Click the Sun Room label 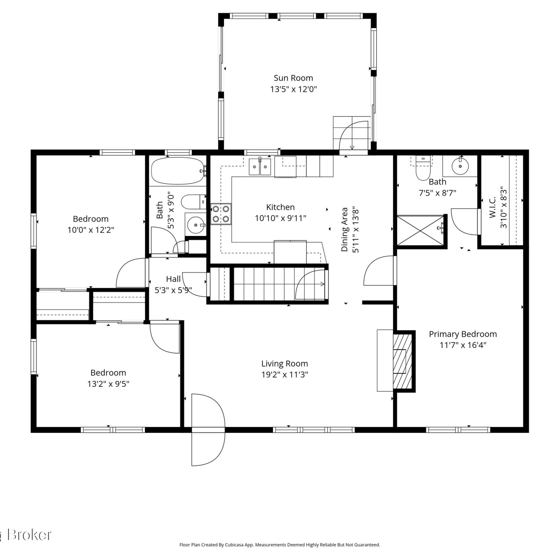pyautogui.click(x=293, y=78)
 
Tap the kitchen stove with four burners pyautogui.click(x=221, y=214)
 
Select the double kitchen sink pyautogui.click(x=260, y=166)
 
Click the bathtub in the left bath pyautogui.click(x=178, y=171)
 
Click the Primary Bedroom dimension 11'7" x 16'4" pyautogui.click(x=463, y=345)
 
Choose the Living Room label pyautogui.click(x=284, y=364)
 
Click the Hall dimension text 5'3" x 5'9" pyautogui.click(x=173, y=290)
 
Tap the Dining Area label pyautogui.click(x=345, y=230)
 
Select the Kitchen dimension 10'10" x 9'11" pyautogui.click(x=281, y=218)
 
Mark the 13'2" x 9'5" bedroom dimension pyautogui.click(x=108, y=384)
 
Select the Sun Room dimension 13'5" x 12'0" pyautogui.click(x=293, y=89)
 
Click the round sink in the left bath pyautogui.click(x=196, y=225)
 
